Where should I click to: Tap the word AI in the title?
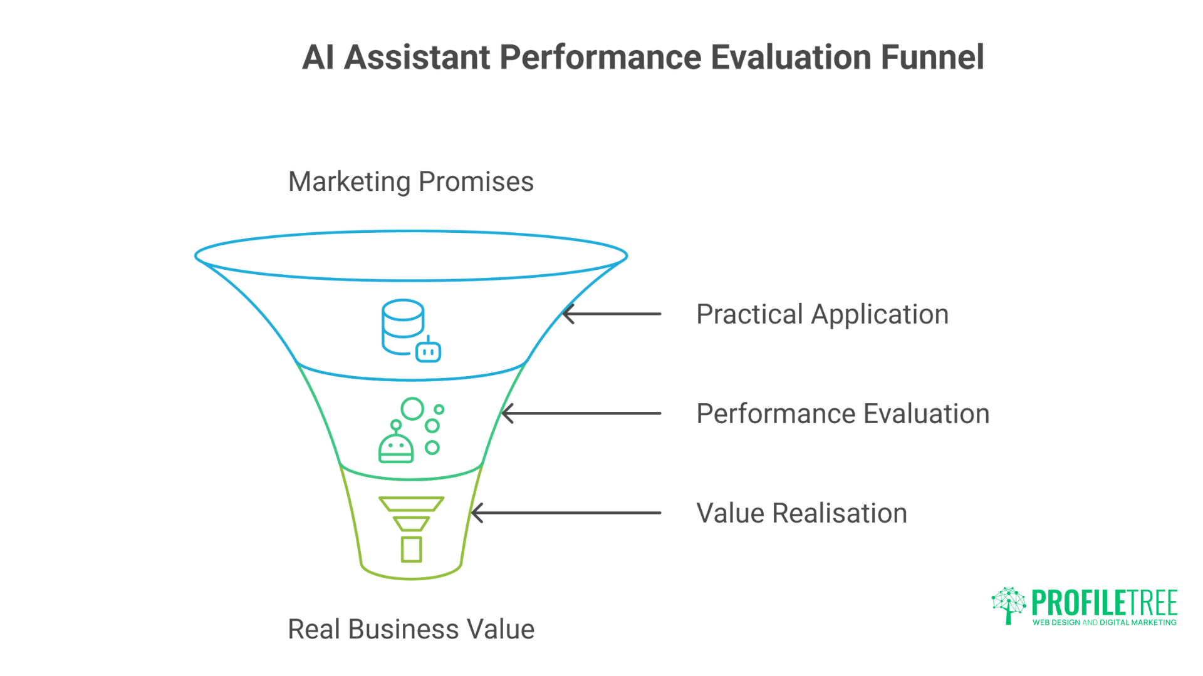click(x=318, y=58)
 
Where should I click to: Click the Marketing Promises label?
click(x=410, y=182)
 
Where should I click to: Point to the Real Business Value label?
click(x=410, y=629)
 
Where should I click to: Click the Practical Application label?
click(x=822, y=314)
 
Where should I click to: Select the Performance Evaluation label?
click(x=843, y=414)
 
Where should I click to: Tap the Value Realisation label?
click(x=801, y=513)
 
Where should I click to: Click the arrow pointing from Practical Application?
click(x=612, y=314)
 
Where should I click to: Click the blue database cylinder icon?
click(x=402, y=325)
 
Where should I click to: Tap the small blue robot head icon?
click(x=429, y=351)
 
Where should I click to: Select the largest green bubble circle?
click(x=412, y=409)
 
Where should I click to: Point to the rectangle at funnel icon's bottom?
click(x=411, y=550)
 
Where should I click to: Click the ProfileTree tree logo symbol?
click(x=1008, y=605)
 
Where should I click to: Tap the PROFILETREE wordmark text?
click(x=1104, y=603)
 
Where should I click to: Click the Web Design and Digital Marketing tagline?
click(x=1104, y=623)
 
